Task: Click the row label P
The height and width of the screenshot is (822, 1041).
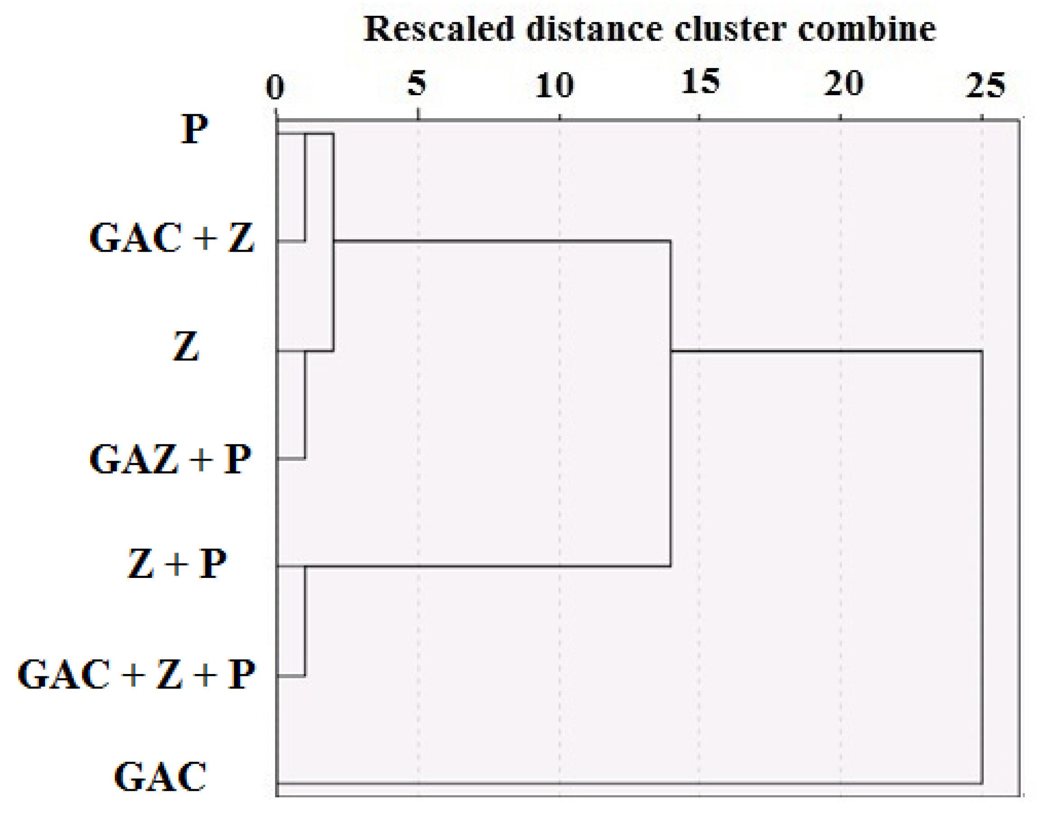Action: pos(194,129)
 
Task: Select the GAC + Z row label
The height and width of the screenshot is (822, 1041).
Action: pos(171,238)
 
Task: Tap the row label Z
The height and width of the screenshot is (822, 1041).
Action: pos(185,346)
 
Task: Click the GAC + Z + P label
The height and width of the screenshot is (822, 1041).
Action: pos(136,675)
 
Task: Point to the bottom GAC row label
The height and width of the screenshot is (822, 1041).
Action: pos(160,777)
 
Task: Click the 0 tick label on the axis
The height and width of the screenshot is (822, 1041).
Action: pos(275,87)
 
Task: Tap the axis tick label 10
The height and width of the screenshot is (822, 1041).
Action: pos(555,86)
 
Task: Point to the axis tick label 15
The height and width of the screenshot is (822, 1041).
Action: pos(700,81)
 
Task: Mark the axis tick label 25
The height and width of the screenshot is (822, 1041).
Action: pos(985,85)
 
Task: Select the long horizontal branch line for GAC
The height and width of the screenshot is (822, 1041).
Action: pos(626,784)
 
